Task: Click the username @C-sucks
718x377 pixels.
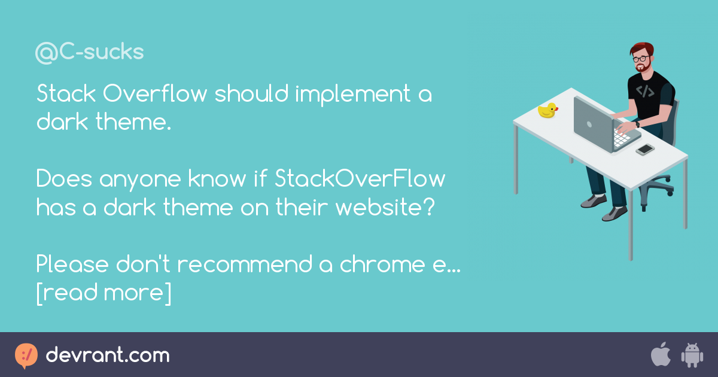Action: (89, 53)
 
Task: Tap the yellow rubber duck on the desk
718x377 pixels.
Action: (548, 110)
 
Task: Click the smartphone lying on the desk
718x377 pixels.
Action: (645, 150)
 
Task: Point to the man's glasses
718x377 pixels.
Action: (641, 59)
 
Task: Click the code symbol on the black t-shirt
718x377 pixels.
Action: (645, 92)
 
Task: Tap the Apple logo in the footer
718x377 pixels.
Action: (661, 354)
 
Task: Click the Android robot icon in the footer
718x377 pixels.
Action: (692, 355)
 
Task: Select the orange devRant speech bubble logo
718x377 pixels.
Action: (26, 356)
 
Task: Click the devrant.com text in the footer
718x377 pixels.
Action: (108, 355)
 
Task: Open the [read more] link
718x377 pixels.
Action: (104, 293)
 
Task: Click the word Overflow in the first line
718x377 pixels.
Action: (155, 93)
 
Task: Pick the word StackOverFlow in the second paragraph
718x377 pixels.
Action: (360, 178)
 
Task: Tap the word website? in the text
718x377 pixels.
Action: (385, 207)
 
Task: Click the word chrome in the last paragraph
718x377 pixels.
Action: (382, 264)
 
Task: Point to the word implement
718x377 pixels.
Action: (352, 95)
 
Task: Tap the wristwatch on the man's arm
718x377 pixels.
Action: (637, 124)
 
